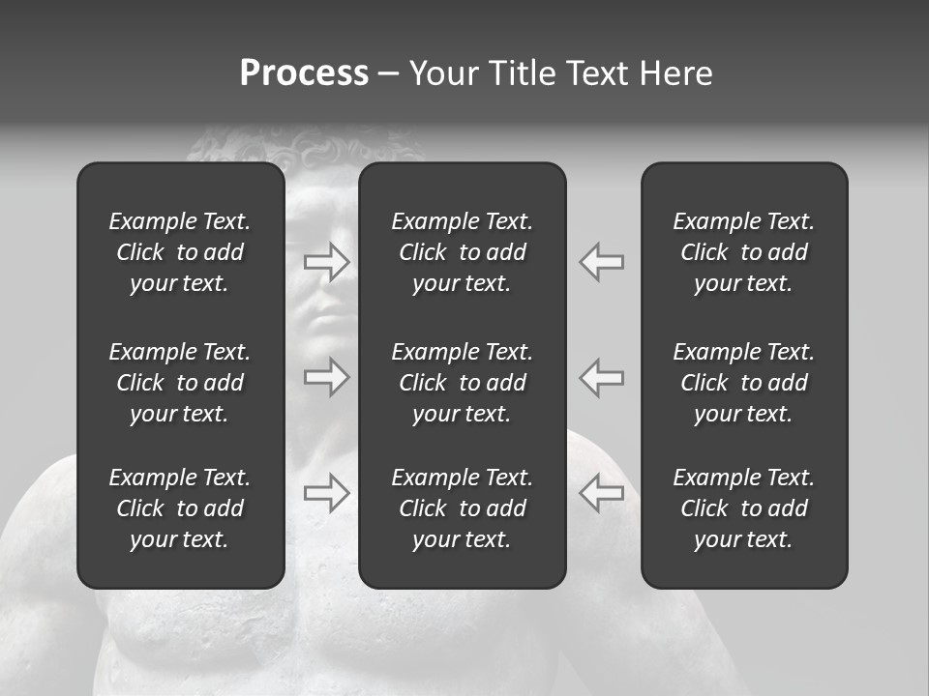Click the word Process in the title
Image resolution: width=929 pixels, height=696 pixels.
click(304, 73)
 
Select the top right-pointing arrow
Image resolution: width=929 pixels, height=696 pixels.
click(327, 262)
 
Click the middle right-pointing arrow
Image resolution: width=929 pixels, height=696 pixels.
click(327, 377)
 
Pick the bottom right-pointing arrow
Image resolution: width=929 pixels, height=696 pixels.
click(327, 493)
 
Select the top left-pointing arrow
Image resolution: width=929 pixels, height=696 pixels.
click(602, 262)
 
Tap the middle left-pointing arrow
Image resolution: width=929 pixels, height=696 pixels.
click(602, 377)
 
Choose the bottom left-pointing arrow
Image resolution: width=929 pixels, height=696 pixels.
click(602, 493)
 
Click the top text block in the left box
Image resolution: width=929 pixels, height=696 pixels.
click(180, 252)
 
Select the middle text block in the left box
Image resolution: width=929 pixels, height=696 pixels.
click(180, 383)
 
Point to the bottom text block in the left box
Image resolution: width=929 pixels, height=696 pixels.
click(180, 508)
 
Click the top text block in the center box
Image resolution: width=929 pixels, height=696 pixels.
click(463, 252)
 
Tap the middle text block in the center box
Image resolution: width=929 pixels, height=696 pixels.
click(463, 383)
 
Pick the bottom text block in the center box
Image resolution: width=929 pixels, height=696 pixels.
click(463, 508)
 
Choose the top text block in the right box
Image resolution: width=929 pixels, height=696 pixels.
click(744, 252)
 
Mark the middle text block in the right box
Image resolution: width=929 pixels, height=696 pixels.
click(744, 383)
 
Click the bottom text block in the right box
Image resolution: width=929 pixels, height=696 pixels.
click(744, 508)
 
